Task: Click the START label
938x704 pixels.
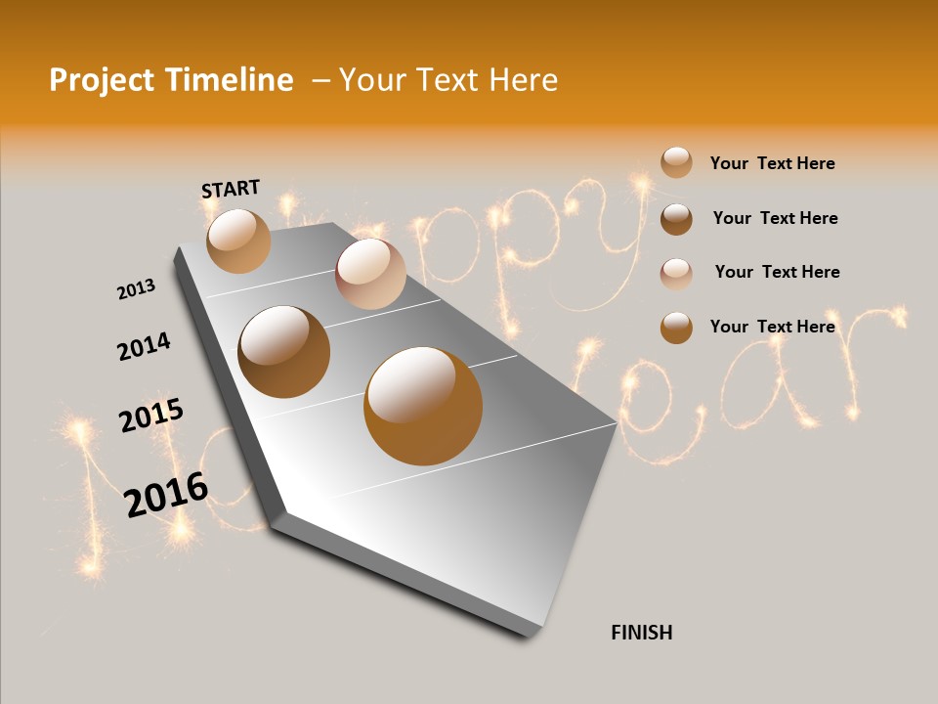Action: (231, 188)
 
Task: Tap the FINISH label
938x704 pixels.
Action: (641, 633)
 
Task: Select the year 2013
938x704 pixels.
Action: (136, 289)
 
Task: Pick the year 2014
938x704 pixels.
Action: (144, 346)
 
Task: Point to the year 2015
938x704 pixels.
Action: (150, 416)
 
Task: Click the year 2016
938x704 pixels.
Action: (166, 495)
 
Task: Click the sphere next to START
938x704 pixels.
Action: (239, 241)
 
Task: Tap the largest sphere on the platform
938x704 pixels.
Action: (423, 406)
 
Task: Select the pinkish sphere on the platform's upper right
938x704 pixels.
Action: (370, 274)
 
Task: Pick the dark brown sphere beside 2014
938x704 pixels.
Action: (284, 352)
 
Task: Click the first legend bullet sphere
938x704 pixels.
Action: (676, 162)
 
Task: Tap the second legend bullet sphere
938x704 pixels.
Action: (676, 219)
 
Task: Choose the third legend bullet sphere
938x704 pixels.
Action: (676, 273)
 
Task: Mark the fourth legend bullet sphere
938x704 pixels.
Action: (676, 328)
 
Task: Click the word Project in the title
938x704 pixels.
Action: (104, 80)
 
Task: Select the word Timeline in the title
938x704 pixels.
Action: (230, 80)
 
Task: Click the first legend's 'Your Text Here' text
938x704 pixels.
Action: (772, 163)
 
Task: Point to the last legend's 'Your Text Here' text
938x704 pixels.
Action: (772, 327)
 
